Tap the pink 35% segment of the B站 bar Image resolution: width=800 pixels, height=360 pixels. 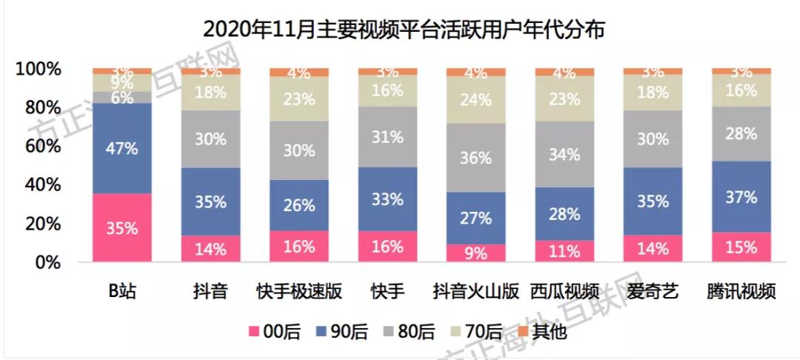point(121,228)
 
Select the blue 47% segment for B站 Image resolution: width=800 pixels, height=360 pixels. point(121,148)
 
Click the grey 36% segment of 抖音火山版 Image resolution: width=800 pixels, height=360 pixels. point(476,158)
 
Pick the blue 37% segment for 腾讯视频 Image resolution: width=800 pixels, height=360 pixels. point(741,197)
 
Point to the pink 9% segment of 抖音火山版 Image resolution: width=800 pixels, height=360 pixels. point(476,253)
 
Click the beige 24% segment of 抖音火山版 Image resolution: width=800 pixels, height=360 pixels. point(476,100)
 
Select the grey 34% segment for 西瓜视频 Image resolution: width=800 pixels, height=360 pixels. point(564,154)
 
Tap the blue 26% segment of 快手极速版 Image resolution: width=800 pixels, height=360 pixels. point(299,205)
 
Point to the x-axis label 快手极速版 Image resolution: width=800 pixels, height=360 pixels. point(299,291)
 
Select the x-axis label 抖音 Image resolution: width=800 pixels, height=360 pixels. point(210,291)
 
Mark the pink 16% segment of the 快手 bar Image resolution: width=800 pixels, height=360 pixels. point(387,247)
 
